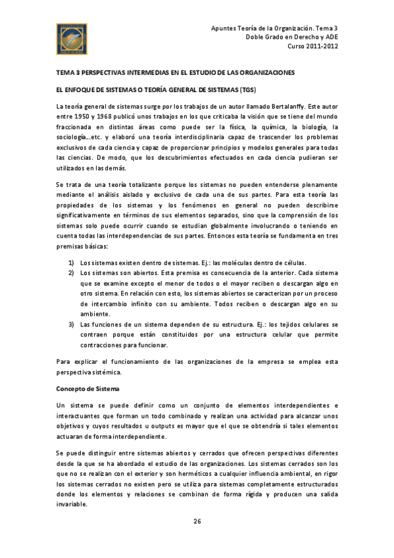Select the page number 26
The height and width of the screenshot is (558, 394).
click(197, 522)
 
